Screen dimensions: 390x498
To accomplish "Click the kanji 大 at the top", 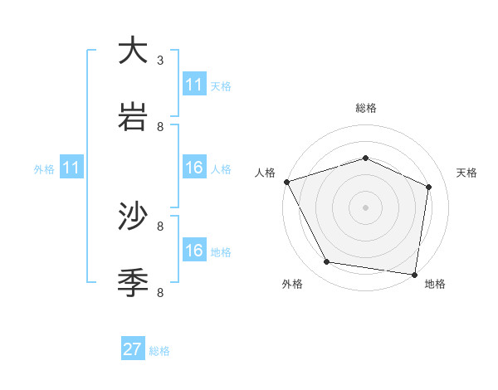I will (134, 51).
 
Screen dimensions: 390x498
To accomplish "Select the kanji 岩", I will (134, 116).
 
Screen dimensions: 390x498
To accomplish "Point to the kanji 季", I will (134, 282).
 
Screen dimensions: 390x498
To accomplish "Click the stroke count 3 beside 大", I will (160, 61).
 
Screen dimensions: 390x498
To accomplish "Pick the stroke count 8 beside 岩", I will (160, 126).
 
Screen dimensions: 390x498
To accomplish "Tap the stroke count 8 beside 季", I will (160, 292).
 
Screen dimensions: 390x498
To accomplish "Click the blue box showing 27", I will (133, 349).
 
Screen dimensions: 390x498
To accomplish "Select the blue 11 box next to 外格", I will (71, 168).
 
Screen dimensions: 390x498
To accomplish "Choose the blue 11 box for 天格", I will (194, 85).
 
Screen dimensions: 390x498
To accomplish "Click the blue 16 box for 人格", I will (194, 168).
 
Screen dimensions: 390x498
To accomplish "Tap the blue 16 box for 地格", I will (194, 251).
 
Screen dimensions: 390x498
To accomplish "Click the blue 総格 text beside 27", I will (159, 351).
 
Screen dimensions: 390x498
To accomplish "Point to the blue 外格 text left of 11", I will (44, 169).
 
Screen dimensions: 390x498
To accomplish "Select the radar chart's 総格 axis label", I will (366, 108).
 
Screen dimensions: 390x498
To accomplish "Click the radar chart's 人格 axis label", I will (266, 173).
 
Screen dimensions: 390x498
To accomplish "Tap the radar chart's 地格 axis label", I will (435, 284).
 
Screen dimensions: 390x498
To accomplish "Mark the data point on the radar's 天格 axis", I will (429, 187).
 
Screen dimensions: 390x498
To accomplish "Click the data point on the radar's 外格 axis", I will (327, 262).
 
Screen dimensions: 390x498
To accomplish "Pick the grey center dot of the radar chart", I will (365, 207).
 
